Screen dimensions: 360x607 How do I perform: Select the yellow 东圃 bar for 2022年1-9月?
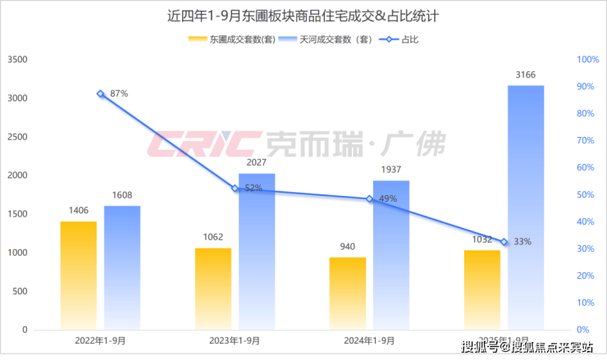[78, 275]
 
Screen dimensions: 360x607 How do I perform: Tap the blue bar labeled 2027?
[257, 251]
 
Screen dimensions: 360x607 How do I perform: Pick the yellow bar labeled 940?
[348, 293]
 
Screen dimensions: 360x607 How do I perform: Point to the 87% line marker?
[101, 93]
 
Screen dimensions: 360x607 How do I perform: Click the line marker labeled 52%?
[235, 189]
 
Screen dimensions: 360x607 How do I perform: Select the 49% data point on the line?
[370, 198]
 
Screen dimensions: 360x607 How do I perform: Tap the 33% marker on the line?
[504, 242]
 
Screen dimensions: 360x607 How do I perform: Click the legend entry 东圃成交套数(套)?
[232, 39]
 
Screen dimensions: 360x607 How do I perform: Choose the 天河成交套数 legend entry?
[326, 39]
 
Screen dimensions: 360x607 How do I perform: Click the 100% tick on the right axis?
[588, 59]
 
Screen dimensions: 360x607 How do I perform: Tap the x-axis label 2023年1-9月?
[235, 339]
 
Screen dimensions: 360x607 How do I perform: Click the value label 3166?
[526, 75]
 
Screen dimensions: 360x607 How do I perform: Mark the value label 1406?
[79, 211]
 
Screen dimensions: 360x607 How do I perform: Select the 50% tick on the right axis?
[586, 194]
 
